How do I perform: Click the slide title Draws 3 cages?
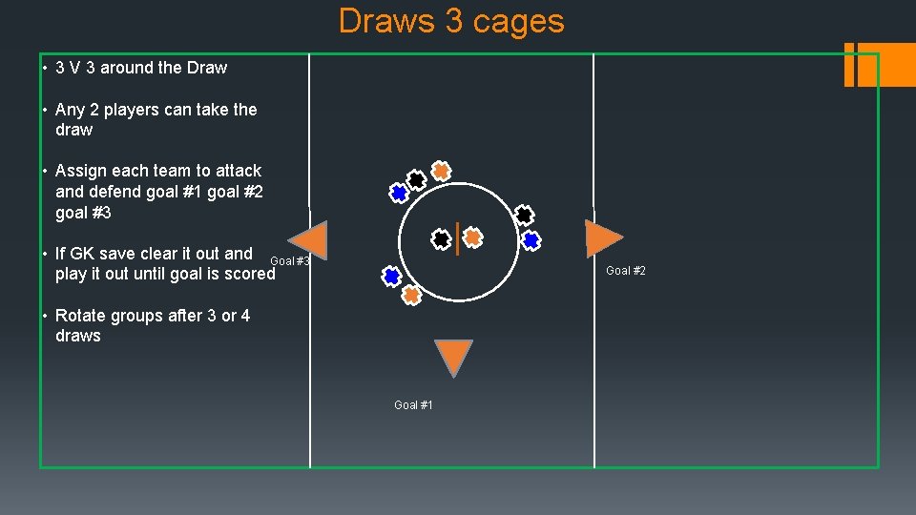point(451,21)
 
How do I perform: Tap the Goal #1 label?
point(413,405)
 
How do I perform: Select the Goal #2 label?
point(626,271)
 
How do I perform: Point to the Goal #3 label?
point(290,261)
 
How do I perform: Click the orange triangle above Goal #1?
point(453,356)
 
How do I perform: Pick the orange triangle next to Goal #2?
point(602,237)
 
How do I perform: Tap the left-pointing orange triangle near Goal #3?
point(309,240)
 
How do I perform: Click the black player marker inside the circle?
point(441,238)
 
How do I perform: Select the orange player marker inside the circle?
point(472,237)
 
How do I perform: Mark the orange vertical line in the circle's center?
point(458,238)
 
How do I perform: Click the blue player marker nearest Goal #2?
point(531,239)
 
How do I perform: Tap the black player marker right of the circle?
point(524,216)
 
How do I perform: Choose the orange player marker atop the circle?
point(440,171)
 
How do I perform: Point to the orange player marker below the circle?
point(411,295)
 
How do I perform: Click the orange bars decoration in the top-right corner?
point(879,64)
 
